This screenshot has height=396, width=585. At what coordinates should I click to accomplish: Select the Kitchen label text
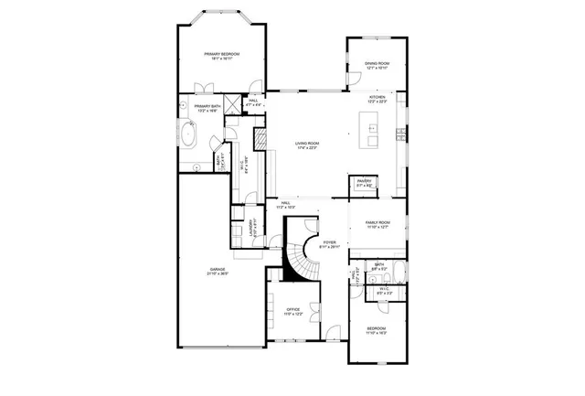[378, 97]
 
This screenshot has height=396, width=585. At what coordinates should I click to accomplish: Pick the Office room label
[293, 309]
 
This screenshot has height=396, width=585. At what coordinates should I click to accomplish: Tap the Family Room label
[378, 223]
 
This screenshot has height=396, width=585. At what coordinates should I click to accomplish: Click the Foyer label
[330, 242]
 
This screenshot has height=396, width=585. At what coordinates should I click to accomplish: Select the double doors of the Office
[315, 310]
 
